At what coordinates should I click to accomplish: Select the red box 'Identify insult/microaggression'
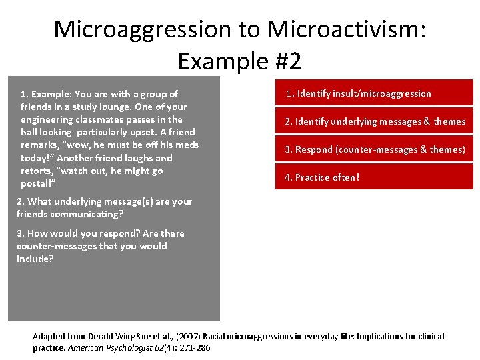click(x=374, y=93)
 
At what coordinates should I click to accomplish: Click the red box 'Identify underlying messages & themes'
click(x=374, y=121)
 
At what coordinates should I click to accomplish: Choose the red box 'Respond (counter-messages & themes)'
click(x=374, y=149)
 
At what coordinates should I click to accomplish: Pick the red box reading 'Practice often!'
click(x=374, y=177)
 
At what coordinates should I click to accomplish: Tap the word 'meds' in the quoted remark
click(x=186, y=145)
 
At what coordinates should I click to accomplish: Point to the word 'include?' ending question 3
click(x=35, y=259)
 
